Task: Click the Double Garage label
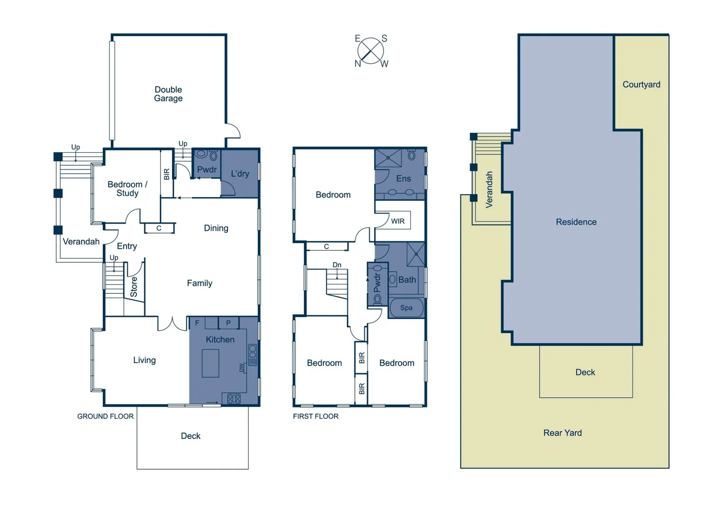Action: point(168,94)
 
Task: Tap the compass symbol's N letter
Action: point(358,64)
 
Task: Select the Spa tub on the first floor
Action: point(406,308)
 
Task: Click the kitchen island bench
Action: point(211,363)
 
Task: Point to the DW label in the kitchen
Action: point(242,368)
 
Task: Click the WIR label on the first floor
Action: point(397,221)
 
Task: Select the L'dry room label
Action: point(240,174)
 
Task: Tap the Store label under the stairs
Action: point(134,287)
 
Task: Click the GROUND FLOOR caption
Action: point(105,416)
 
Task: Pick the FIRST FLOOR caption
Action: point(316,416)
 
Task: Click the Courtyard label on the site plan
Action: point(641,85)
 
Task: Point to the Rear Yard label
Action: point(562,433)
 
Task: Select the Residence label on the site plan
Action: point(576,222)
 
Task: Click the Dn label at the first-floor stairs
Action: point(337,265)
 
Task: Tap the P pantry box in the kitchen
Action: point(228,323)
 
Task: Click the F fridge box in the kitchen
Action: point(197,323)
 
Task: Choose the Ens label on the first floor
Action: point(403,178)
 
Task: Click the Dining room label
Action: point(216,228)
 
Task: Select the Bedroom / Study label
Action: point(127,188)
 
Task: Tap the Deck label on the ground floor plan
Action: point(191,436)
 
